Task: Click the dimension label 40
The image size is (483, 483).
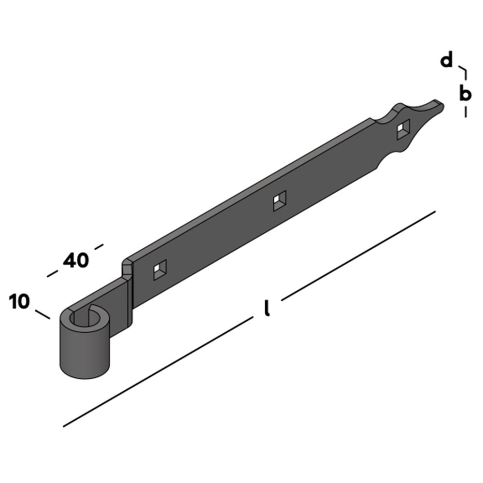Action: (x=76, y=261)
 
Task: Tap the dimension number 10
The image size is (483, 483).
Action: (x=19, y=302)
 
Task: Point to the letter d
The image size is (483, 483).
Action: (x=447, y=61)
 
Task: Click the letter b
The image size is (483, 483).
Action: (x=465, y=93)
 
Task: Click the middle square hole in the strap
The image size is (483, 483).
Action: (x=279, y=200)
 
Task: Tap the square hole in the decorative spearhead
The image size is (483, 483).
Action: (x=402, y=129)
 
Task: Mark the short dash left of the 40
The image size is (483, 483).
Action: (x=52, y=274)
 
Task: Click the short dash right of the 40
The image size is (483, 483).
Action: (x=99, y=247)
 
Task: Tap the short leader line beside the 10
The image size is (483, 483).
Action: (x=43, y=313)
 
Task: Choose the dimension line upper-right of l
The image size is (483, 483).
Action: (x=358, y=255)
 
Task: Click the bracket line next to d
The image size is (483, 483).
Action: (x=464, y=72)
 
